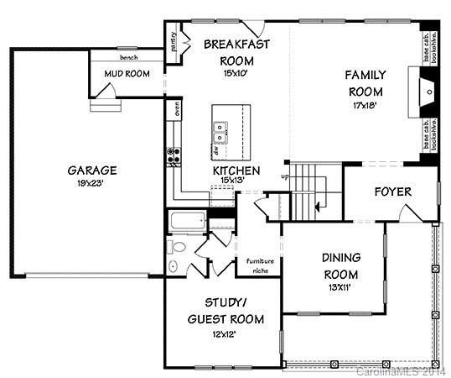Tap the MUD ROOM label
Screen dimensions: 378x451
[126, 74]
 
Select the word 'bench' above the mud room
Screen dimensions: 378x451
[129, 58]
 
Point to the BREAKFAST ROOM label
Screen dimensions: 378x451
[236, 51]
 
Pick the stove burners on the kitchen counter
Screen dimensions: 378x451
[174, 155]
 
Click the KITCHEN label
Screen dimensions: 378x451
[236, 171]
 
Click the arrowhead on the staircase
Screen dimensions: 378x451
[318, 204]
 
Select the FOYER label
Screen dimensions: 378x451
[392, 192]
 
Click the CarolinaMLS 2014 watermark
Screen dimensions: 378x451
[402, 370]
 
